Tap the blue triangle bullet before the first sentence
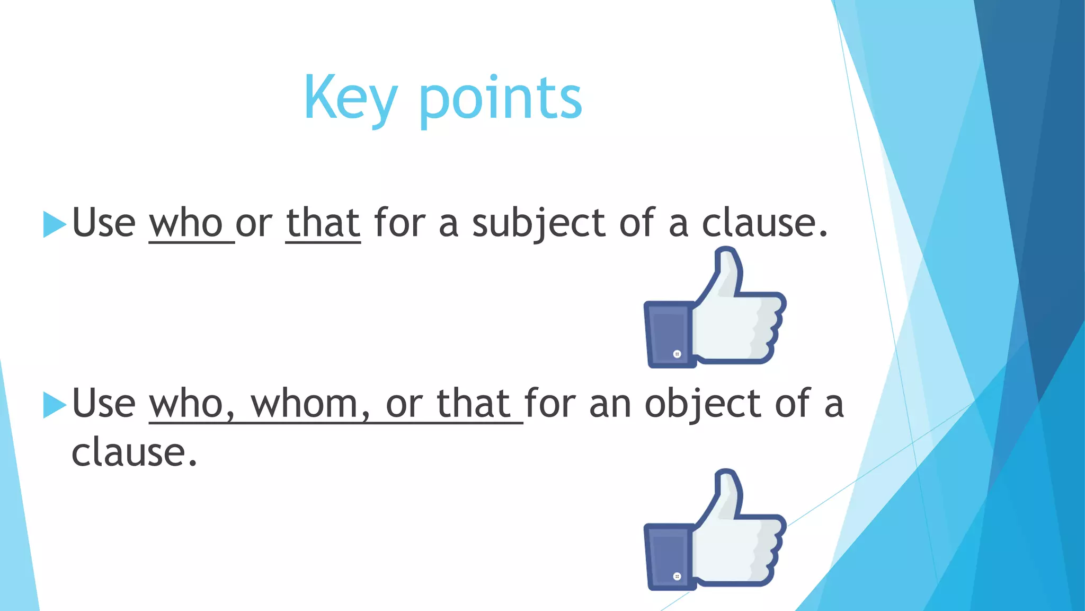click(54, 224)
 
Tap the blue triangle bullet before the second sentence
click(54, 405)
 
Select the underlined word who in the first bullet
click(186, 223)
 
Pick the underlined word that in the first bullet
click(323, 223)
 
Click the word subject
click(538, 223)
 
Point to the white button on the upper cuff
click(677, 354)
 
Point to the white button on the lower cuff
click(677, 577)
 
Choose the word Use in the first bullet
click(104, 223)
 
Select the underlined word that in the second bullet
click(473, 404)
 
